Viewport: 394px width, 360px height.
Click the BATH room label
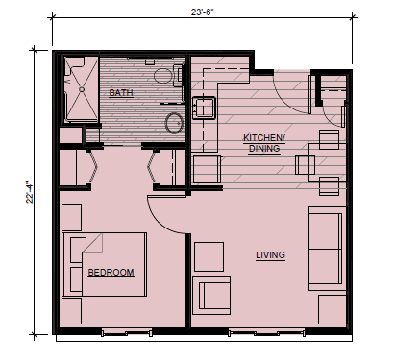121,93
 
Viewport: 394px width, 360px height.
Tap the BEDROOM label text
111,273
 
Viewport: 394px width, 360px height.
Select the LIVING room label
270,255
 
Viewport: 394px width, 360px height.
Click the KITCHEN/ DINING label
264,143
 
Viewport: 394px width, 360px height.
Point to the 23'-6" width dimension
203,12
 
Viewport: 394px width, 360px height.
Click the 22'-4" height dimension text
30,192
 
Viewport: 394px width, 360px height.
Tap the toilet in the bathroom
168,76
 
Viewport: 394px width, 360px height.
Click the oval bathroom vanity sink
174,123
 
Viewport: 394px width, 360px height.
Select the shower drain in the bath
82,89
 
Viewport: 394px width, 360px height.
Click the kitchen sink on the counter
204,108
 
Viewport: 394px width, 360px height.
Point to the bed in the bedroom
105,264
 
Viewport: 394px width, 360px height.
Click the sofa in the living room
327,249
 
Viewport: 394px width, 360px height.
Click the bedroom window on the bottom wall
127,333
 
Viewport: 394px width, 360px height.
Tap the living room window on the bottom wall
266,333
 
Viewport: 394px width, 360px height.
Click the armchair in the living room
211,296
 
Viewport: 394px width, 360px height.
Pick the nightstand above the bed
71,218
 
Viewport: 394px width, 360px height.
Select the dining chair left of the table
305,164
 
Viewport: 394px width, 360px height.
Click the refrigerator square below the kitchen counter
207,169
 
